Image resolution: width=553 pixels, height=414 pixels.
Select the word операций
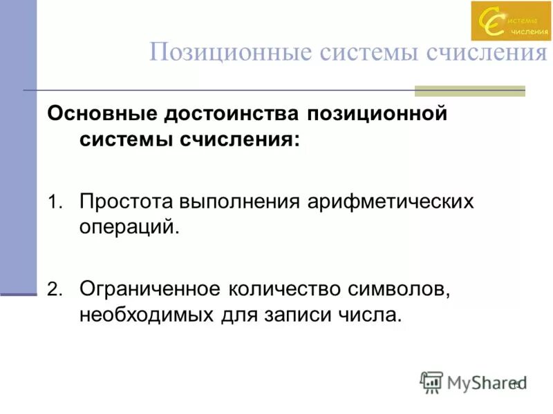click(129, 226)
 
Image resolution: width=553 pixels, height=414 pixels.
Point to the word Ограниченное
click(151, 288)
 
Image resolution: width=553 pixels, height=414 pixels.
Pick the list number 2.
click(54, 290)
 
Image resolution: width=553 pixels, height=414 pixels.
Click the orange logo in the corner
click(511, 21)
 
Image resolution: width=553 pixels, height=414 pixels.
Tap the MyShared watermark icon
click(431, 382)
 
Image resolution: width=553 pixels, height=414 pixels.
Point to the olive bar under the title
click(469, 90)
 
